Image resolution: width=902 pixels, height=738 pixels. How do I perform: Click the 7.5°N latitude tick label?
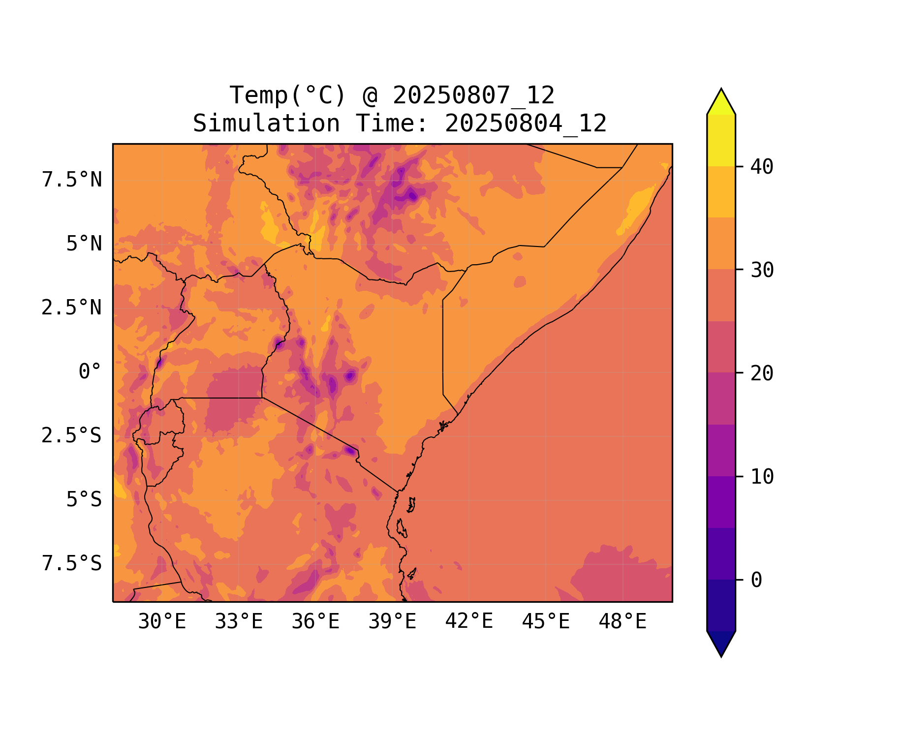72,180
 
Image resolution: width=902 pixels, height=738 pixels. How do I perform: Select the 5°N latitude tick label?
84,244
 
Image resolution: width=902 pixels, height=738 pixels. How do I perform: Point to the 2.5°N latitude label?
72,308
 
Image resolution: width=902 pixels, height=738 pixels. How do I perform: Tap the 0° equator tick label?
90,372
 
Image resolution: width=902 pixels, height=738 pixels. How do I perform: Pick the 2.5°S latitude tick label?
72,436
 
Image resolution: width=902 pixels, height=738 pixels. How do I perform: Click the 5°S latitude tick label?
84,500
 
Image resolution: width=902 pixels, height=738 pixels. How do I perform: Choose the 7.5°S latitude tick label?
72,564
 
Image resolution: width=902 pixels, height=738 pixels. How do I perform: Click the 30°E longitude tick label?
162,622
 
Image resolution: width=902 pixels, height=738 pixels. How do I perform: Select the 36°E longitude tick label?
315,622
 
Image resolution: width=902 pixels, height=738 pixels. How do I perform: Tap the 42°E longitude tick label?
469,622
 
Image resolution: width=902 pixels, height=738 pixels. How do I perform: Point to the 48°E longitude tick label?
622,622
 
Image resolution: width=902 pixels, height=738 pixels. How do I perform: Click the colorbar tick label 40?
762,167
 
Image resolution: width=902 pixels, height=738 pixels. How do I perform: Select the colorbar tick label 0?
756,581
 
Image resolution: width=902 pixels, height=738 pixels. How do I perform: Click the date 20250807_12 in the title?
473,95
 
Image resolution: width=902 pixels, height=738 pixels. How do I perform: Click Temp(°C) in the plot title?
288,95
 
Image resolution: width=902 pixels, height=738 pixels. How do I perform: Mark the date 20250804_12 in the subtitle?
526,123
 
